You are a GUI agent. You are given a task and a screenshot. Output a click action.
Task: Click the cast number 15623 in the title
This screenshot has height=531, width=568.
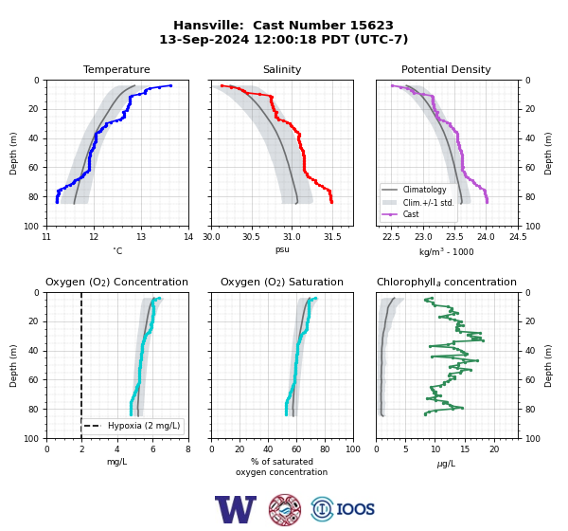tap(371, 26)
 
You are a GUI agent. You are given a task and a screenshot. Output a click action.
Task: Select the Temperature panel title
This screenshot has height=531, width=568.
tap(116, 69)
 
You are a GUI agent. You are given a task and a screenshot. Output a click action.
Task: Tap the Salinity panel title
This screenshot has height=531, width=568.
tap(282, 69)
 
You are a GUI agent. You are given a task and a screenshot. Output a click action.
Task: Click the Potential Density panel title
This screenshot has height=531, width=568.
tap(446, 69)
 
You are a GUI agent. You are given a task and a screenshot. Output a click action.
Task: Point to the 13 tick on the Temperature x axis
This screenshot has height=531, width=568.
tap(141, 237)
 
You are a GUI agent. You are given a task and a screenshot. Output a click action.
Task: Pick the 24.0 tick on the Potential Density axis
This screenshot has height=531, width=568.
tap(487, 237)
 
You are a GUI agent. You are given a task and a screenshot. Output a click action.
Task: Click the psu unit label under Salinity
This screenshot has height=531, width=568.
tap(282, 250)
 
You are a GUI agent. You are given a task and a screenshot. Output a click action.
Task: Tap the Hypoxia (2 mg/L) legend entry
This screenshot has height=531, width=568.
tap(132, 426)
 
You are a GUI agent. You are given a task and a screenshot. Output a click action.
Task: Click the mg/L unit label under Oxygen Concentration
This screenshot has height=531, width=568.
tap(116, 462)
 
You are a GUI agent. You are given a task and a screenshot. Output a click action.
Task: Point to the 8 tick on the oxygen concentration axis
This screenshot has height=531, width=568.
tap(188, 449)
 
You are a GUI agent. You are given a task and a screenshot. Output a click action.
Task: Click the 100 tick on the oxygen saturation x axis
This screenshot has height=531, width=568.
tap(353, 449)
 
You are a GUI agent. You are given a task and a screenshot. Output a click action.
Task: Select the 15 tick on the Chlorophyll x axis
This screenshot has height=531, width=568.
tap(465, 449)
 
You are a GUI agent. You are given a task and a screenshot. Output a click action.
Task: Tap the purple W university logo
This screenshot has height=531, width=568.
tap(236, 509)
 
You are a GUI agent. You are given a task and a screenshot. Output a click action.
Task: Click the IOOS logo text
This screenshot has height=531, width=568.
tap(355, 509)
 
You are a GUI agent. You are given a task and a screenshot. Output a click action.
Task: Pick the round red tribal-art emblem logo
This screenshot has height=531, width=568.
tap(285, 509)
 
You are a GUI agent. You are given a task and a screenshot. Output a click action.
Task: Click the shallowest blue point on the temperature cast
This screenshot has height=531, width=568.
tap(170, 85)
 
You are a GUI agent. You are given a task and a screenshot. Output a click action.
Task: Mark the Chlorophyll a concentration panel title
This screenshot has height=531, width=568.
tap(446, 282)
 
